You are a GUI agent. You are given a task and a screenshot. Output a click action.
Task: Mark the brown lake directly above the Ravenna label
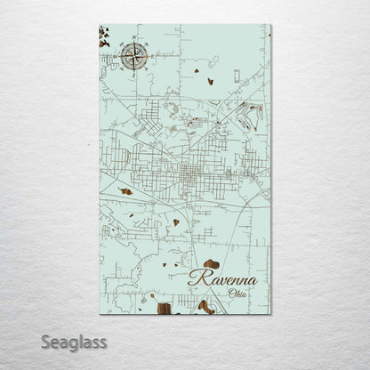(x=210, y=263)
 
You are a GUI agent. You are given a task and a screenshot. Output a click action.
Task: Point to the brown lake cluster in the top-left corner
(x=105, y=40)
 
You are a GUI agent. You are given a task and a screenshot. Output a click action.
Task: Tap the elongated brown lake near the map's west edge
(x=125, y=191)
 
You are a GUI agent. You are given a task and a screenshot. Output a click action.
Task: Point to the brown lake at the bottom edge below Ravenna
(x=205, y=307)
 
